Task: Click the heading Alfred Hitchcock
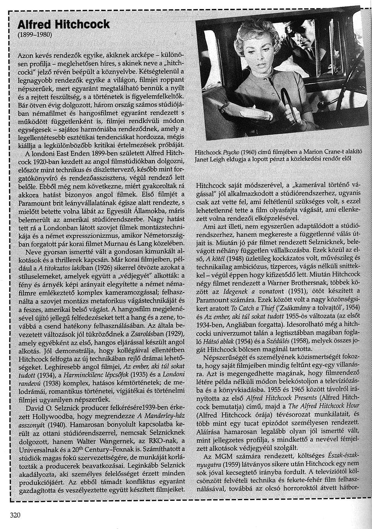tap(64, 25)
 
